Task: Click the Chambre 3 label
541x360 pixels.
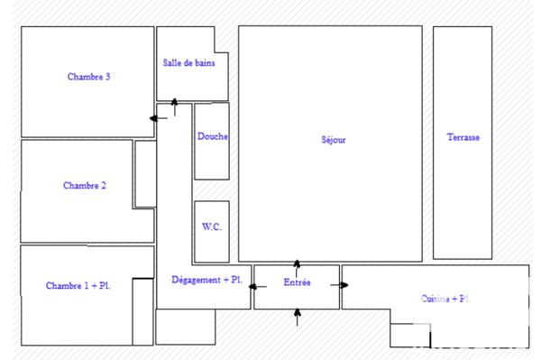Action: click(x=88, y=77)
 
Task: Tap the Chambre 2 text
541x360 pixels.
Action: click(x=85, y=186)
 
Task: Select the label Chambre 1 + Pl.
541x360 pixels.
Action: click(x=78, y=286)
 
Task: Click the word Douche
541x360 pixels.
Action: click(x=212, y=137)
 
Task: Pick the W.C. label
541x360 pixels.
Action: click(x=211, y=227)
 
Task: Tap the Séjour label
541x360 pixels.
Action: click(x=333, y=140)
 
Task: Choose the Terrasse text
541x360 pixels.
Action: click(x=463, y=138)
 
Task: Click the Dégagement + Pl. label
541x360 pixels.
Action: click(x=206, y=281)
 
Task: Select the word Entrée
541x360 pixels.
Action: click(x=297, y=282)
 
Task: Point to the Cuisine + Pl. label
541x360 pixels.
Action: click(x=445, y=299)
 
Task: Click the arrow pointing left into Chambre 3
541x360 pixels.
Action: click(x=157, y=116)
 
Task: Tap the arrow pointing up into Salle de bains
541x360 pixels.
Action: click(x=174, y=107)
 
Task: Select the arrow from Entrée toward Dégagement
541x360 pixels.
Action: click(x=257, y=287)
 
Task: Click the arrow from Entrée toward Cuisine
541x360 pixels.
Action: click(x=340, y=285)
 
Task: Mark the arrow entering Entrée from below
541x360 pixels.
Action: click(x=298, y=317)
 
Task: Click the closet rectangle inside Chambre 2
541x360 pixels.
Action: click(x=145, y=173)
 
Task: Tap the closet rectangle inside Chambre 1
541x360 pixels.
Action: click(x=142, y=311)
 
